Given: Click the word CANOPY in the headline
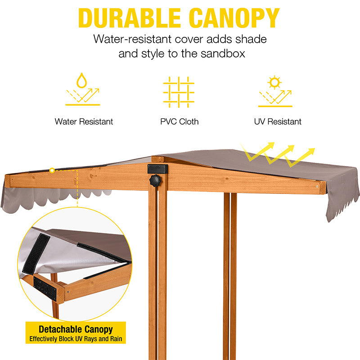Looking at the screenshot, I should [234, 18].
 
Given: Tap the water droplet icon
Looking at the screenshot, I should [82, 81].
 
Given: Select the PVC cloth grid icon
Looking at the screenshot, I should [179, 92].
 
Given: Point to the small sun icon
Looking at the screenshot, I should [274, 82].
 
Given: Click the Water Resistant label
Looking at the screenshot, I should [84, 121].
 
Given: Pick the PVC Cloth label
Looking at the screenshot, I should [179, 121].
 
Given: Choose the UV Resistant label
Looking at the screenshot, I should [278, 121].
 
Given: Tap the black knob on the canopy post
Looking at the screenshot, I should [155, 181].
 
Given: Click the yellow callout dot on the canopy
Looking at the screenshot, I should [52, 171].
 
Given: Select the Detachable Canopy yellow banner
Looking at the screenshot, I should [76, 329].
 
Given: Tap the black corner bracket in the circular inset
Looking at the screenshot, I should [48, 288].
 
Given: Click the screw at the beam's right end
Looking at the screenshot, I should [317, 186].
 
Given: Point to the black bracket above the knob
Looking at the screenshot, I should [157, 169].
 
